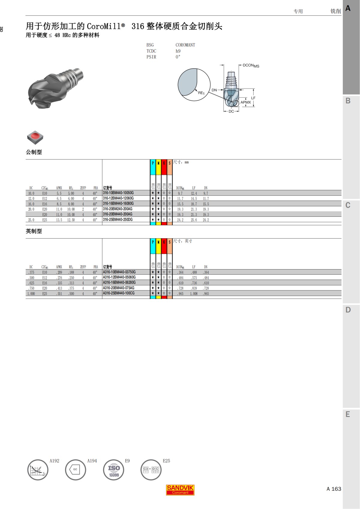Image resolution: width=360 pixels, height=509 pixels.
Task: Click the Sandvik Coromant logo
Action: (180, 490)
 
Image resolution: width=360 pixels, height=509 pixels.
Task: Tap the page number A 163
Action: (334, 489)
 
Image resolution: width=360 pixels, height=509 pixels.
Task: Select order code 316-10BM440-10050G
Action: (118, 193)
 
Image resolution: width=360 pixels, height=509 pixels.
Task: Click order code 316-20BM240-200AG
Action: (118, 209)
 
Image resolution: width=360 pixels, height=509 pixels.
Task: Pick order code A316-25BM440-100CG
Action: (119, 293)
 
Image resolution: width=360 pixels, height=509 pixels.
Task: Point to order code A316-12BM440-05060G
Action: (119, 277)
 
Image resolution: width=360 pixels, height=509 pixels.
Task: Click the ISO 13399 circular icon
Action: (113, 470)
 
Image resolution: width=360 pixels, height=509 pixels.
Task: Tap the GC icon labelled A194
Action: (76, 470)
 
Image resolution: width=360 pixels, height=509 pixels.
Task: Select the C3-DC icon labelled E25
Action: (151, 470)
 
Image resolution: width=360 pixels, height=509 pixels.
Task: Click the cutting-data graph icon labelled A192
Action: (38, 470)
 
